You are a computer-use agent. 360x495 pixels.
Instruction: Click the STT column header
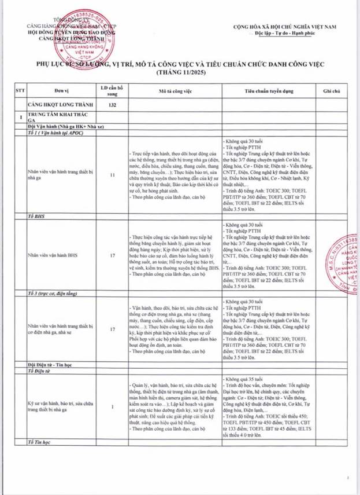click(22, 91)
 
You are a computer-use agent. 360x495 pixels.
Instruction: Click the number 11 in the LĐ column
click(113, 173)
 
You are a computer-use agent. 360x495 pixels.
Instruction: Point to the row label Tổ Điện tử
click(40, 371)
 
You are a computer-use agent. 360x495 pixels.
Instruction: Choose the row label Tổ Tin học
click(40, 442)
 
